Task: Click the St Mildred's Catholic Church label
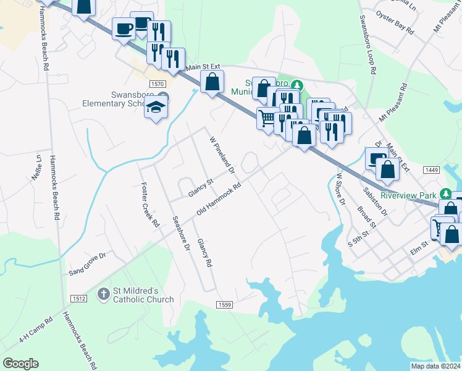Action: tap(143, 295)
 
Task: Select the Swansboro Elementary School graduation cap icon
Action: tap(156, 107)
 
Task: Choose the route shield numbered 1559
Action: tap(224, 304)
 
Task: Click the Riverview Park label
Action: tap(408, 195)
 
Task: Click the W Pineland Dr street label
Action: tap(222, 155)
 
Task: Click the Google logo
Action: tap(20, 364)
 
